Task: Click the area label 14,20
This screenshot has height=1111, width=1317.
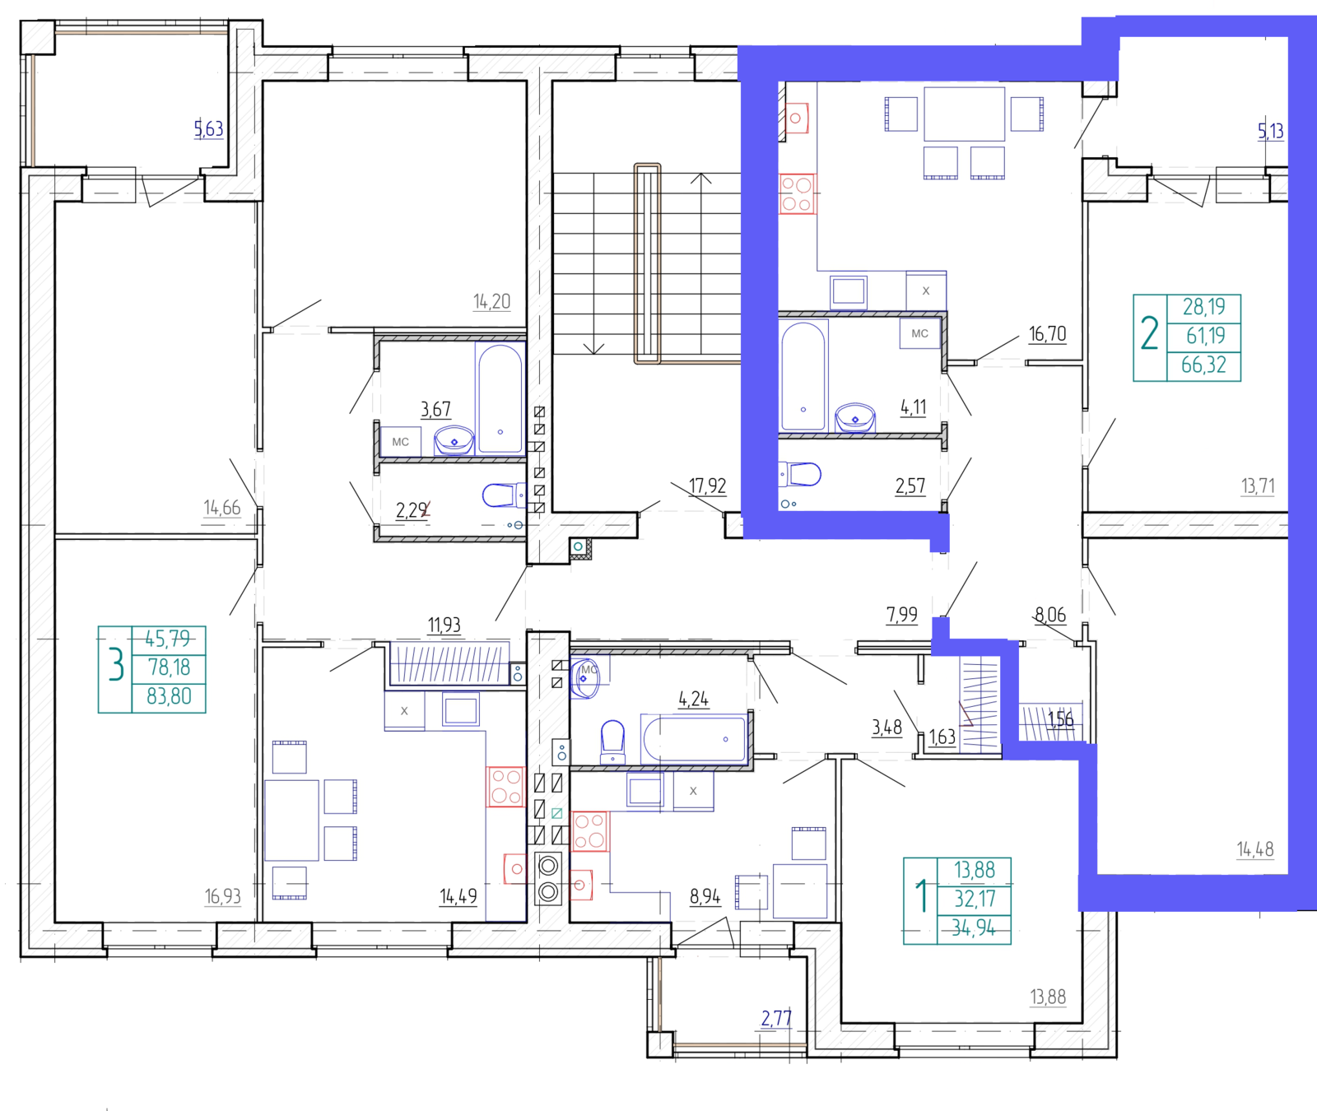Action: click(x=491, y=302)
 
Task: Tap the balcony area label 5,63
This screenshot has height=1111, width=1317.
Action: click(x=208, y=128)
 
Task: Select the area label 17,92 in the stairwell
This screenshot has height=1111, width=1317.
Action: click(x=708, y=486)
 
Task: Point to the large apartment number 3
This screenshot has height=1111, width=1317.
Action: click(x=116, y=666)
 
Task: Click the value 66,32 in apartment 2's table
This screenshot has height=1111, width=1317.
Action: click(x=1203, y=365)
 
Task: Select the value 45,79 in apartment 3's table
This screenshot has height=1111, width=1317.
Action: click(x=167, y=639)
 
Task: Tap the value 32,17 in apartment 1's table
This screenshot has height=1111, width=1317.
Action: click(x=975, y=899)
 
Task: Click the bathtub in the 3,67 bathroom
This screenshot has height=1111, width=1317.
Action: click(x=500, y=399)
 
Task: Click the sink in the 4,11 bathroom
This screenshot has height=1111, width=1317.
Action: click(x=855, y=417)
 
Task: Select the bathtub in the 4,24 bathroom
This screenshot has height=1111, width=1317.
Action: click(x=694, y=739)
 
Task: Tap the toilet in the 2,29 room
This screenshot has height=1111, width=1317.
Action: click(x=500, y=495)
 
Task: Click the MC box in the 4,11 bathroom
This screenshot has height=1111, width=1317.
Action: click(x=919, y=333)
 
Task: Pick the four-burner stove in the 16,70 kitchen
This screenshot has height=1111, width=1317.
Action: click(x=797, y=194)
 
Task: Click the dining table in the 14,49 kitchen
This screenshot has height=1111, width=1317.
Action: click(x=292, y=820)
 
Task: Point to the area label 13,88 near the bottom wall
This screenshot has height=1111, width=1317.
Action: click(x=1048, y=997)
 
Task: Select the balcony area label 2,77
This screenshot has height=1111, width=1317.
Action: click(x=776, y=1019)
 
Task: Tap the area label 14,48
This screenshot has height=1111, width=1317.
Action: click(x=1255, y=848)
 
